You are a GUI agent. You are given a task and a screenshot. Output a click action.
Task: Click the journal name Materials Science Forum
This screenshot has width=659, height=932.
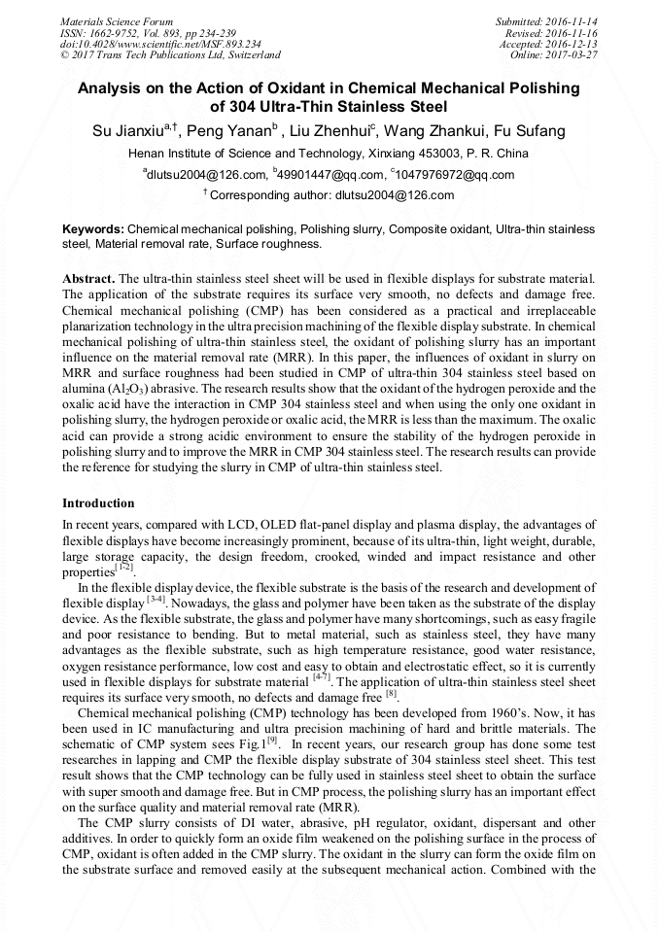click(117, 20)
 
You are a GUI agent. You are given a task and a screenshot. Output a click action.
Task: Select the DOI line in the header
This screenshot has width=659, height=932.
click(160, 44)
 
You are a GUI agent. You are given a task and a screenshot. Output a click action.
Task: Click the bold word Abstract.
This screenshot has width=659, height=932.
click(87, 278)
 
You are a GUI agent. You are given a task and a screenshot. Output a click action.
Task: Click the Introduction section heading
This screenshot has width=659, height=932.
click(98, 503)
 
